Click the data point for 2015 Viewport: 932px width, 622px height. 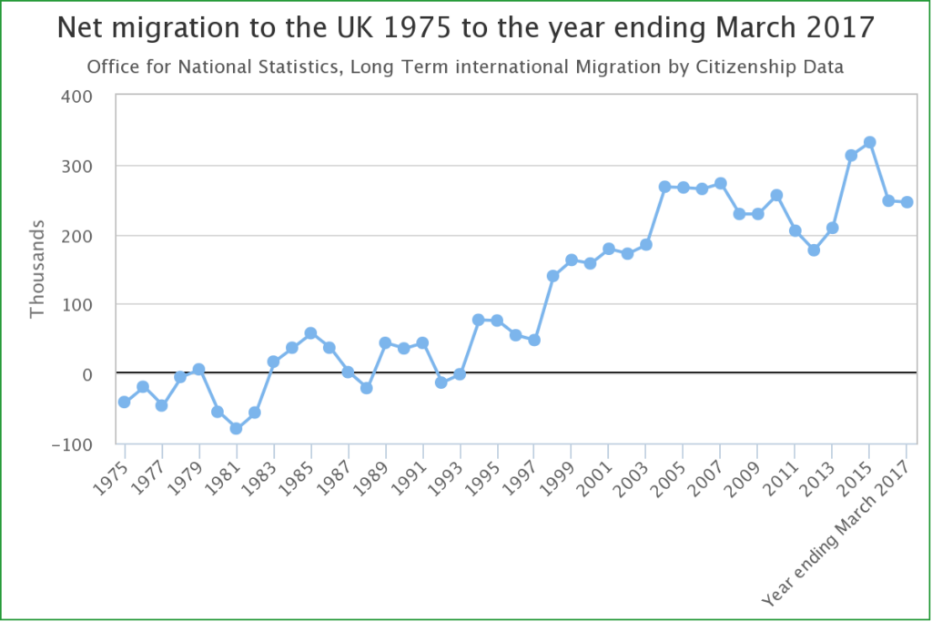pos(869,142)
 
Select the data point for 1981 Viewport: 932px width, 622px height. pos(236,428)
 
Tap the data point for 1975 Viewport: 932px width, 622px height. pos(124,402)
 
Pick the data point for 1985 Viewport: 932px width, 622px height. pos(310,333)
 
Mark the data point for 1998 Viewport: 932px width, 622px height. pos(552,275)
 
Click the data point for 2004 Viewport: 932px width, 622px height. pos(664,187)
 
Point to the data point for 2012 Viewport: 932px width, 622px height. pos(814,250)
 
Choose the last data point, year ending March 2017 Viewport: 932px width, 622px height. pos(907,202)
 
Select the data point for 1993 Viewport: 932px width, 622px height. pos(460,374)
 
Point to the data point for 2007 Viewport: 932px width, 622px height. pos(720,183)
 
